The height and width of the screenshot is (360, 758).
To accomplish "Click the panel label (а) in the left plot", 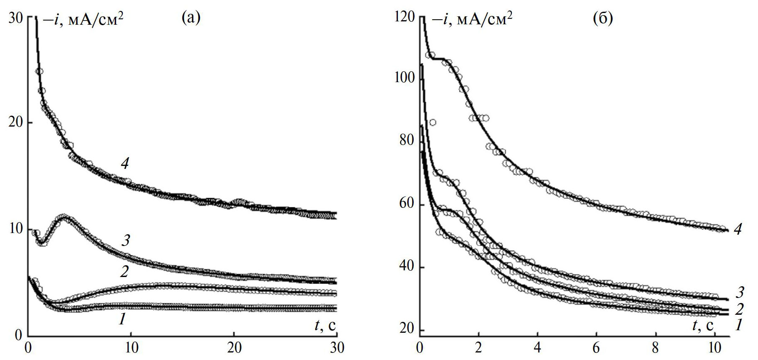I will click(191, 18).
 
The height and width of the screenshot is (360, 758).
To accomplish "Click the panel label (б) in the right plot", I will click(603, 18).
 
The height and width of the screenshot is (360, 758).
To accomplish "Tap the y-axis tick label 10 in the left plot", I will click(15, 229).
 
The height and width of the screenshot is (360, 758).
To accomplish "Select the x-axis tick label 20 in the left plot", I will click(234, 348).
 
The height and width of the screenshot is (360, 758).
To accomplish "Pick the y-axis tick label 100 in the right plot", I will click(404, 78).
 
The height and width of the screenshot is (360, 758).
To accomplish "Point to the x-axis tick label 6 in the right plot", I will click(596, 348).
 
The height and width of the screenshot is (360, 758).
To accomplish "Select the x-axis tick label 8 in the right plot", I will click(655, 348).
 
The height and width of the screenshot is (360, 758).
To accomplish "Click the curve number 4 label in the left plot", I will click(125, 164).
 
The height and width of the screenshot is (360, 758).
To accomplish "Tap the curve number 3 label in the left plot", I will click(125, 240).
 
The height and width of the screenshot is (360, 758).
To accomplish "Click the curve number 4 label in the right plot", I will click(738, 229).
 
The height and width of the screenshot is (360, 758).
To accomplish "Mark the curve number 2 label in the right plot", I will click(739, 309).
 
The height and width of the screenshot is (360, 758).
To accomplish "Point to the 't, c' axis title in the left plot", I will click(325, 326).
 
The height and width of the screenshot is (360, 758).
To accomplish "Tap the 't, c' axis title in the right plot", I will click(703, 326).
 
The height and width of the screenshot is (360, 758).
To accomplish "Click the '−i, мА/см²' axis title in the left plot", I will click(83, 19).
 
